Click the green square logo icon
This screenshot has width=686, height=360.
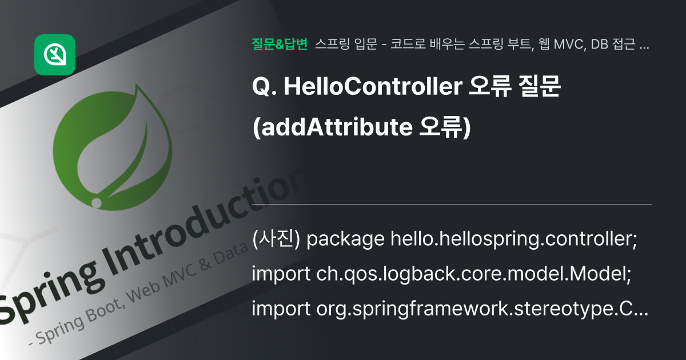coord(55,55)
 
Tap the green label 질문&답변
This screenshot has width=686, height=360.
coord(280,45)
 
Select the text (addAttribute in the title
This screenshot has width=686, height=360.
coord(332,127)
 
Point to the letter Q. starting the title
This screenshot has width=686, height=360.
coord(264,88)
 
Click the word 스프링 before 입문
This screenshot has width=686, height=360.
coord(331,45)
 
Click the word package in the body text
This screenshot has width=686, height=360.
coord(345,240)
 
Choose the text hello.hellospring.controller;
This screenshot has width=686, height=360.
coord(513,240)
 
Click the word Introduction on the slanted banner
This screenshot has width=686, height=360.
coord(212,223)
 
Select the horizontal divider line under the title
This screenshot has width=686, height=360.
coord(452,204)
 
